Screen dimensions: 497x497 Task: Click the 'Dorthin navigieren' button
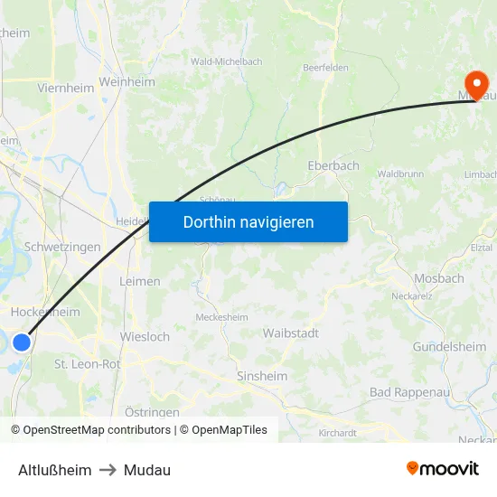point(248,221)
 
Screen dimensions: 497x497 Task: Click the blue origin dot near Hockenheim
point(22,342)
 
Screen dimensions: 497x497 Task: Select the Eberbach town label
point(333,165)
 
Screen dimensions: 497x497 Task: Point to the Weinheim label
point(127,82)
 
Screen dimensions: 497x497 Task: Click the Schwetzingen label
point(62,247)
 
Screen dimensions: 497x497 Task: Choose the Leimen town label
point(140,281)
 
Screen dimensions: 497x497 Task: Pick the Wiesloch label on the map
point(145,337)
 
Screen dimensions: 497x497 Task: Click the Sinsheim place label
point(261,376)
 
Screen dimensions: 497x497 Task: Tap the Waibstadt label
point(290,333)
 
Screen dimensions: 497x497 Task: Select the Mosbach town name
point(438,278)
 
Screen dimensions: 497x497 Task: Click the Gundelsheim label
point(449,347)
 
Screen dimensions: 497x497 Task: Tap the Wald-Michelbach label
point(226,61)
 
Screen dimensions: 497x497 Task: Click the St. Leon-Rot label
point(87,363)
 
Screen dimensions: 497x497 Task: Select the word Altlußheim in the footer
point(55,470)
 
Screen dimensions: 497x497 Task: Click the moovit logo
point(442,468)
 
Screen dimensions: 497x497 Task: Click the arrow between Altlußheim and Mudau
point(108,470)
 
